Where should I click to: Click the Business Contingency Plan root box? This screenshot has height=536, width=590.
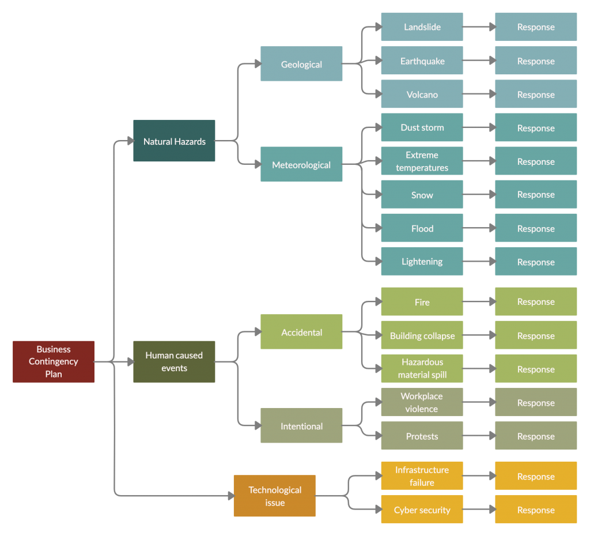point(54,361)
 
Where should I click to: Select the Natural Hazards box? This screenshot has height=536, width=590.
point(174,141)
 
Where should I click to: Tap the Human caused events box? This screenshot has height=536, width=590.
point(174,361)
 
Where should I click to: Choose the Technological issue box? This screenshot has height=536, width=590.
point(274,496)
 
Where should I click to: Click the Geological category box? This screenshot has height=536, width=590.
point(301,64)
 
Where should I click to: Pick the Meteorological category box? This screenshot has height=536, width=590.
point(301,165)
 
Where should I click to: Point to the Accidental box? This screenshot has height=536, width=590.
point(301,332)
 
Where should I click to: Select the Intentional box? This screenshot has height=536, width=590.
point(301,426)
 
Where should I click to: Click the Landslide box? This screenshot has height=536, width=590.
point(422,27)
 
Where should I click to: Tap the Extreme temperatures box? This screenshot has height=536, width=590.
point(422,161)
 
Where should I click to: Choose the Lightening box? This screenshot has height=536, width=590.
point(422,262)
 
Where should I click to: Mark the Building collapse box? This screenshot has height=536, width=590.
point(422,335)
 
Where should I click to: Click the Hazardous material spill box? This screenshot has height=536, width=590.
point(422,369)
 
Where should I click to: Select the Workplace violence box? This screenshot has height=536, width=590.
point(422,402)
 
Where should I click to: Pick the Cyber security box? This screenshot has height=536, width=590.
point(422,510)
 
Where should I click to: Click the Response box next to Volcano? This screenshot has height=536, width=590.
point(536,95)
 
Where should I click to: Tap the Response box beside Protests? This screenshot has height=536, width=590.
point(536,436)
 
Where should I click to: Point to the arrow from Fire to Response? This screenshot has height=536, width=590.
point(478,301)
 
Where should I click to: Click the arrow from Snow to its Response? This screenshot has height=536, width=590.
point(478,195)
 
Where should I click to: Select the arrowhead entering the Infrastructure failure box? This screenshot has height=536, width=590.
point(377,475)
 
